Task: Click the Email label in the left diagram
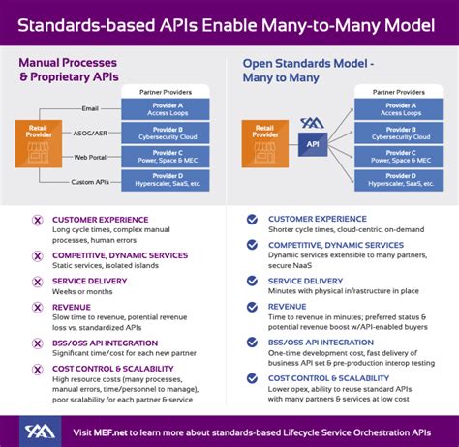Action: pyautogui.click(x=89, y=108)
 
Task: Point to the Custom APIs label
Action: pyautogui.click(x=89, y=181)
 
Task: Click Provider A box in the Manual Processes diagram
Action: pyautogui.click(x=165, y=108)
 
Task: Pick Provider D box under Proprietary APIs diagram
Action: pyautogui.click(x=165, y=181)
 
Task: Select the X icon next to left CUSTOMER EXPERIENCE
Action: pyautogui.click(x=37, y=220)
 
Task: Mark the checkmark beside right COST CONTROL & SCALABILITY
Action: pyautogui.click(x=252, y=378)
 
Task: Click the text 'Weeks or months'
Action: pyautogui.click(x=82, y=292)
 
